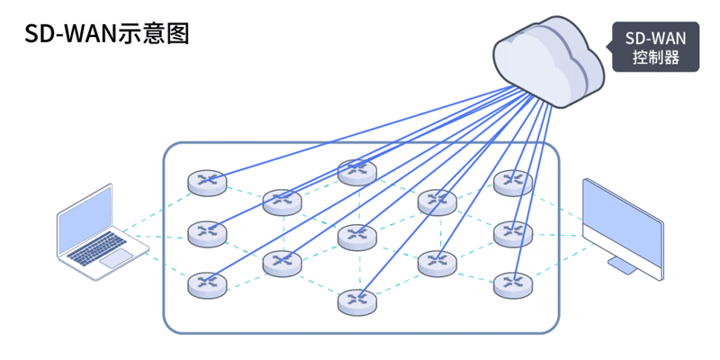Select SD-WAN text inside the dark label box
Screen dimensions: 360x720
[x=655, y=40]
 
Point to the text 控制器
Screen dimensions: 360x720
[x=655, y=59]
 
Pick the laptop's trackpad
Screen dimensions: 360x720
[x=117, y=258]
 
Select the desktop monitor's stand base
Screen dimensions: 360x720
[x=625, y=265]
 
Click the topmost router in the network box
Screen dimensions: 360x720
[x=357, y=170]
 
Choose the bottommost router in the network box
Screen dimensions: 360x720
[x=357, y=301]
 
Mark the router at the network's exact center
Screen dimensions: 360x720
[x=357, y=237]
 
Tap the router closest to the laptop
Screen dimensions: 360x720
[x=207, y=233]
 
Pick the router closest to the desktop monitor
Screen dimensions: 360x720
[x=513, y=233]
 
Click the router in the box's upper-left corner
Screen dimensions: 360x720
[x=207, y=182]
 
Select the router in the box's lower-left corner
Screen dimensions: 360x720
[x=207, y=284]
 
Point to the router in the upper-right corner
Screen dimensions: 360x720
[x=513, y=182]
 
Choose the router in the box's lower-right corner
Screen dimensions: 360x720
[x=513, y=284]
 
